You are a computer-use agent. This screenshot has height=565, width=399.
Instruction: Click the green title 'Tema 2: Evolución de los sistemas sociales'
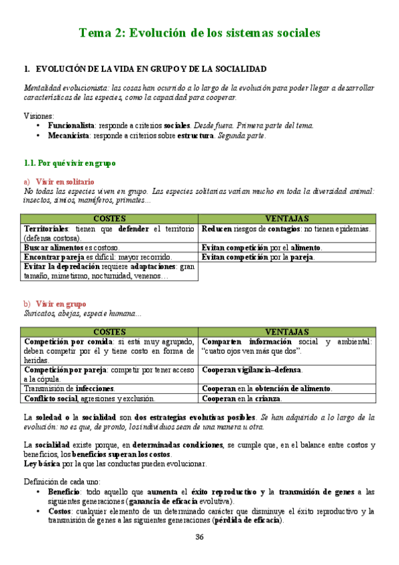point(199,32)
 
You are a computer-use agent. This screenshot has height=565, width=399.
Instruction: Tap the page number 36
point(200,538)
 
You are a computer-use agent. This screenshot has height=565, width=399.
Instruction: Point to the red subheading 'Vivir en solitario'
point(65,181)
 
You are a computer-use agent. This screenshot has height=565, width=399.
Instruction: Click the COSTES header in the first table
point(110,219)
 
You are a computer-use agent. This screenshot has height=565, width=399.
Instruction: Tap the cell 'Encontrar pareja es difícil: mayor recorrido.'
point(97,257)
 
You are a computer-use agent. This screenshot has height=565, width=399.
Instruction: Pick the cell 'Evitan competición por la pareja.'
point(258,257)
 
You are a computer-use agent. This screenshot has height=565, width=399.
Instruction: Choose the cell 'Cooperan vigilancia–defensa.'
point(252,370)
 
